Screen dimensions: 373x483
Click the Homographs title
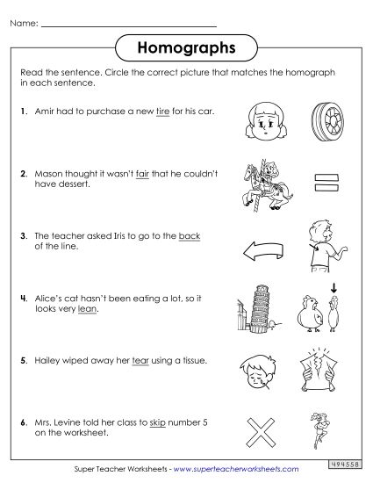[x=185, y=44]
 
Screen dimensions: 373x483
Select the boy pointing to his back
[x=315, y=247]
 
